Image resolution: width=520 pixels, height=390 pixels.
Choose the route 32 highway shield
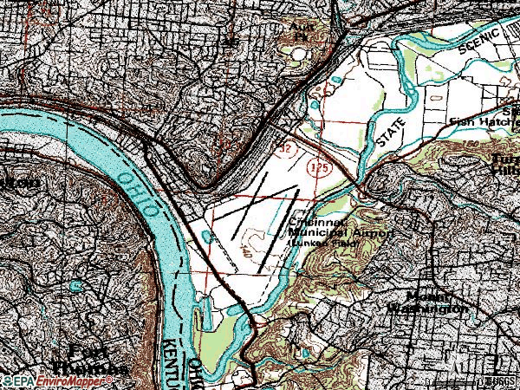[284, 149]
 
